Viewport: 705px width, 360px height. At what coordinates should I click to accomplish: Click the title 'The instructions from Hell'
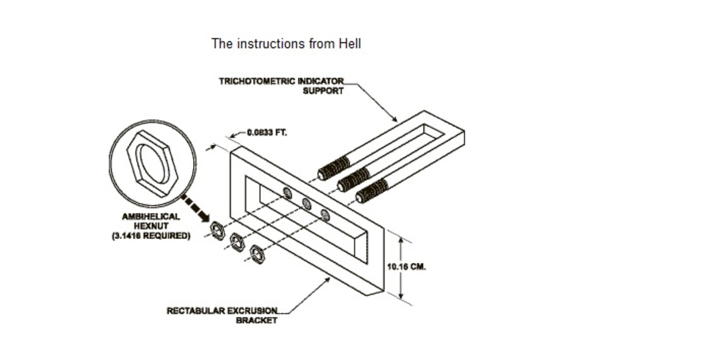pos(286,44)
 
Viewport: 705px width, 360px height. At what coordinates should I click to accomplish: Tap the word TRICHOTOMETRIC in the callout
pos(257,81)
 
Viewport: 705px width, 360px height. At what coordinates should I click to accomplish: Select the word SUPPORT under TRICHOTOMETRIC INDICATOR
pos(323,91)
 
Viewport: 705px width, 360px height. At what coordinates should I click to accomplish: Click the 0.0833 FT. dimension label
pos(267,132)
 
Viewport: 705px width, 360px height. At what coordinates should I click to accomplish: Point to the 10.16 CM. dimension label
pos(407,266)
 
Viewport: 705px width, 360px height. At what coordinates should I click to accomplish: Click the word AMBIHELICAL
pos(151,217)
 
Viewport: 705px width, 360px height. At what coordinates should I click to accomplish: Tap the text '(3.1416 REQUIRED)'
pos(151,236)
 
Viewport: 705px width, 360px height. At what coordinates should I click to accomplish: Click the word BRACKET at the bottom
pos(257,321)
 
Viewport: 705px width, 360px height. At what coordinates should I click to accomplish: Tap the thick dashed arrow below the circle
pos(196,209)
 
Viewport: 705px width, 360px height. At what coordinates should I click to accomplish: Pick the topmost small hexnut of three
pos(218,231)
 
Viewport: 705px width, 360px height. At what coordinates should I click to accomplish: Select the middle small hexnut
pos(237,242)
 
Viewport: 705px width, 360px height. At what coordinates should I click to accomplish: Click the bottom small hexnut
pos(257,254)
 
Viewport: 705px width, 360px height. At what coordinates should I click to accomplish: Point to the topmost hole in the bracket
pos(288,193)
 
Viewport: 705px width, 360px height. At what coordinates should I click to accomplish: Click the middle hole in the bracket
pos(306,204)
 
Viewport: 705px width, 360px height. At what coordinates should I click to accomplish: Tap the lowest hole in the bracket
pos(324,215)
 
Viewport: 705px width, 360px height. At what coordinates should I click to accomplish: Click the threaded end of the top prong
pos(334,169)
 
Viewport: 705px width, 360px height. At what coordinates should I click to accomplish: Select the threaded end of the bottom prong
pos(372,191)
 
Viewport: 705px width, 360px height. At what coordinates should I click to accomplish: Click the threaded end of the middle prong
pos(353,180)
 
